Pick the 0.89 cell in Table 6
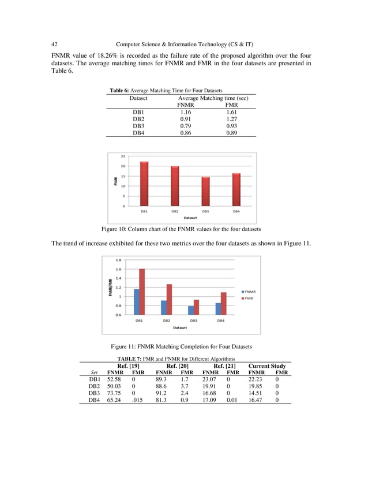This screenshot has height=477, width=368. [232, 133]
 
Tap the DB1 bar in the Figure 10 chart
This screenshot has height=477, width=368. [144, 184]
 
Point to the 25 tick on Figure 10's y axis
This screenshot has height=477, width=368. [123, 156]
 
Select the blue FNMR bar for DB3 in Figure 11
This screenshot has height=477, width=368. [191, 310]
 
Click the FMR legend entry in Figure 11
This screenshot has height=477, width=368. [249, 298]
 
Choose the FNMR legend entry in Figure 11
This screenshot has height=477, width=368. [250, 292]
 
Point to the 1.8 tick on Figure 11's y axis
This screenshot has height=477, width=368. [118, 260]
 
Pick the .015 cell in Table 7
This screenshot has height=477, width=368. [137, 401]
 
